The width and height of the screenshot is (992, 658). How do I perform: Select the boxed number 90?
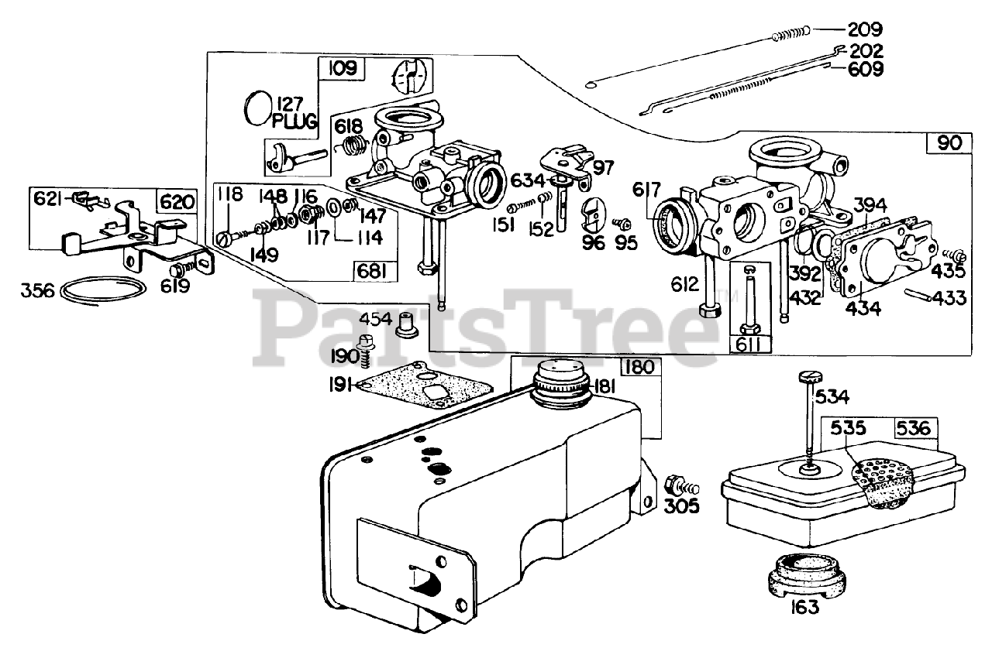[x=949, y=143]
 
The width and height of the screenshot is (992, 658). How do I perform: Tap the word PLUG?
[x=295, y=122]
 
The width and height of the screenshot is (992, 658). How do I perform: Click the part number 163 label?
[x=806, y=608]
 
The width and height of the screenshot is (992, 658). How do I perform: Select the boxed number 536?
[x=917, y=427]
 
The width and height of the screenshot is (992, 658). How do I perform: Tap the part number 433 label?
[x=948, y=297]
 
